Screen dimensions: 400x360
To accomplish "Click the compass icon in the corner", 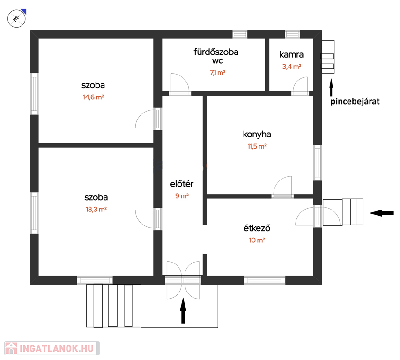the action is point(17,18).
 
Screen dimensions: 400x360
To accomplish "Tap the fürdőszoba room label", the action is point(216,52).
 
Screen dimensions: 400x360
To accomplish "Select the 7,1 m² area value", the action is point(218,73).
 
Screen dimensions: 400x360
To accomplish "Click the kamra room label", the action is point(291,55).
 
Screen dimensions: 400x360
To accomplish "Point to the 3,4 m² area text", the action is point(292,67).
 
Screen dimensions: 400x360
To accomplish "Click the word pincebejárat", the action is point(355,101).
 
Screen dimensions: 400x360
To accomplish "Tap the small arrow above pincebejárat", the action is point(331,88).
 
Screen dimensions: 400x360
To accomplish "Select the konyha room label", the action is point(257,135).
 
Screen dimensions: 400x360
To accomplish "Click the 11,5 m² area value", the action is point(257,146).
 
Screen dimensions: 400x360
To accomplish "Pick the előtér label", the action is point(182,184).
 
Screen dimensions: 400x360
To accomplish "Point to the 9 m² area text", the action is point(182,196).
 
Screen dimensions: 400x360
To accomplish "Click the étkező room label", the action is point(257,228).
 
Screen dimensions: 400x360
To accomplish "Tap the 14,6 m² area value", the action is point(93,97).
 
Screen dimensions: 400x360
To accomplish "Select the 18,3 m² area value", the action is point(96,210).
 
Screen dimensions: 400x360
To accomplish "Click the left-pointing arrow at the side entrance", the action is point(382,213).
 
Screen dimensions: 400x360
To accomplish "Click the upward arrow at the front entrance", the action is point(183,311).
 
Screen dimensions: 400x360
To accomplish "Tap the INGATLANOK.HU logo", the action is point(52,348).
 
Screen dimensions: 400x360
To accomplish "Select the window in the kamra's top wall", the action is point(292,34).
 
